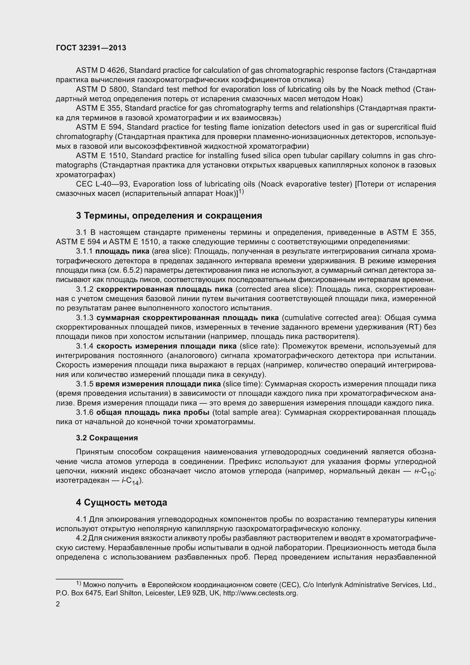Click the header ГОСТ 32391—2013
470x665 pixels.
pyautogui.click(x=91, y=48)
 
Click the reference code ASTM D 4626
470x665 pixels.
pyautogui.click(x=100, y=71)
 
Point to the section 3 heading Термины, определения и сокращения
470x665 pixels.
pyautogui.click(x=169, y=216)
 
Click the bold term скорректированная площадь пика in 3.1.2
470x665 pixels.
pyautogui.click(x=164, y=289)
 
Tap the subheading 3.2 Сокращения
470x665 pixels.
pyautogui.click(x=107, y=438)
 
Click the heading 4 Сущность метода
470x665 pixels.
pyautogui.click(x=122, y=502)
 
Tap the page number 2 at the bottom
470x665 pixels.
pyautogui.click(x=58, y=604)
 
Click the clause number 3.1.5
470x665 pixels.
pyautogui.click(x=84, y=384)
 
